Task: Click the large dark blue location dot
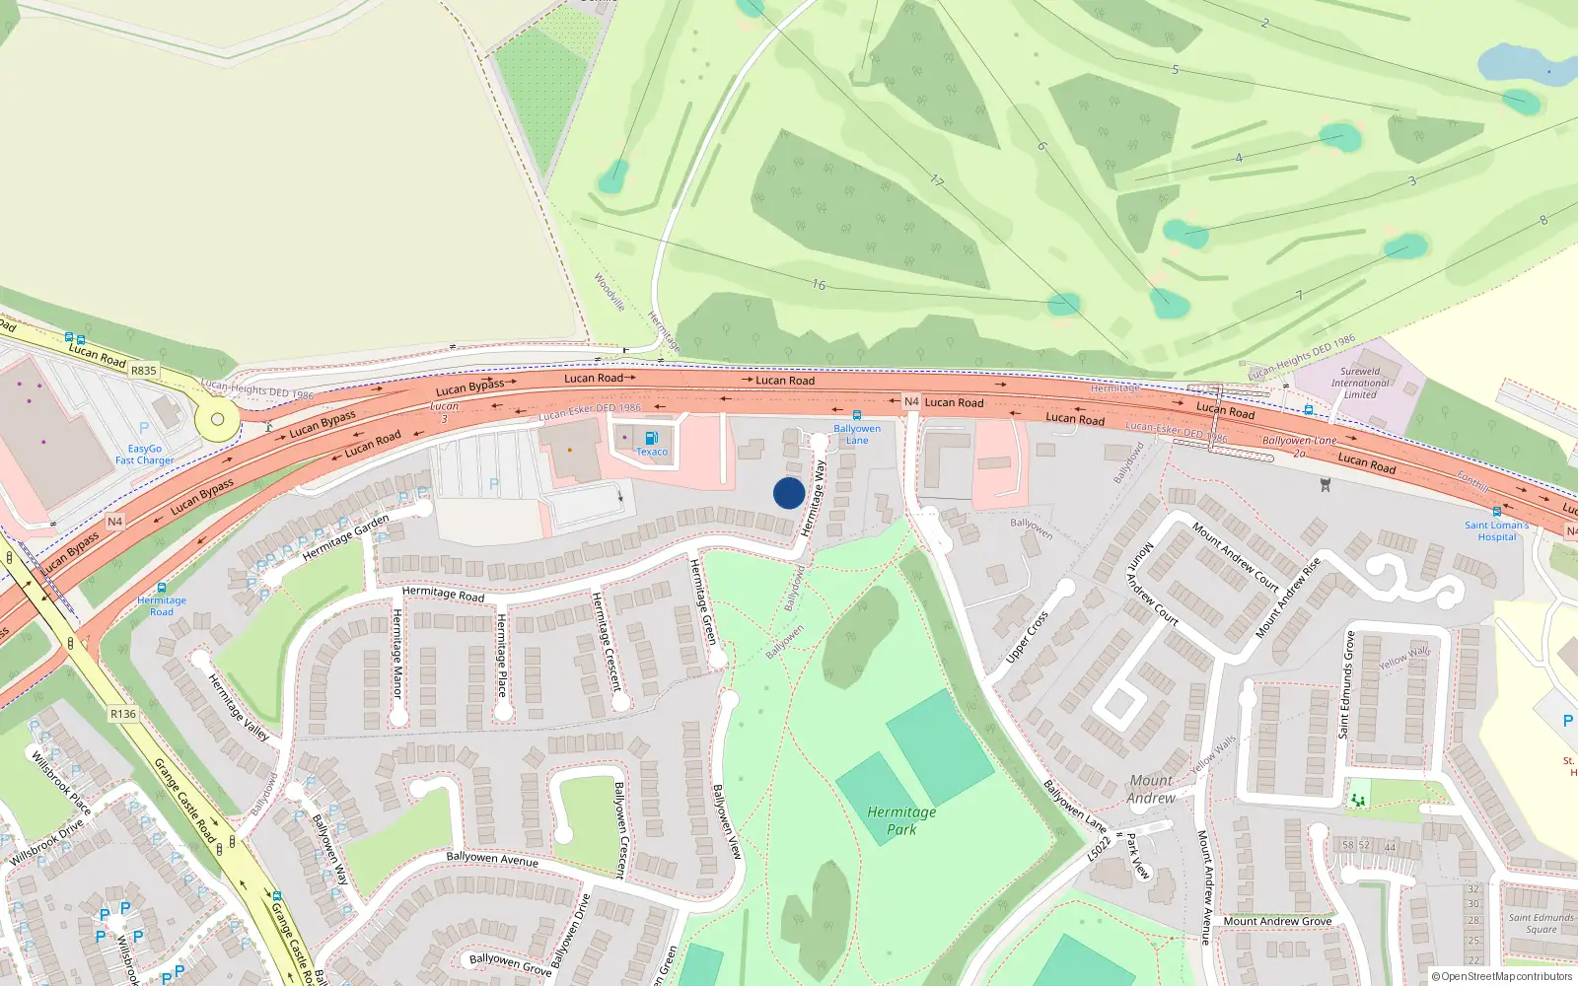pyautogui.click(x=789, y=493)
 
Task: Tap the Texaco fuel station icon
pyautogui.click(x=651, y=438)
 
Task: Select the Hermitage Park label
pyautogui.click(x=901, y=820)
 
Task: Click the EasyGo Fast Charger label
pyautogui.click(x=144, y=455)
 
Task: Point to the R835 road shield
pyautogui.click(x=144, y=371)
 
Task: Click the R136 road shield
pyautogui.click(x=123, y=714)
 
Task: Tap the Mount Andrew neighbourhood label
pyautogui.click(x=1151, y=789)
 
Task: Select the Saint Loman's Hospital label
pyautogui.click(x=1496, y=530)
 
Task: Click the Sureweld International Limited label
pyautogui.click(x=1360, y=384)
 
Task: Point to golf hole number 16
pyautogui.click(x=819, y=285)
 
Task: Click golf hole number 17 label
pyautogui.click(x=937, y=181)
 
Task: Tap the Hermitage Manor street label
pyautogui.click(x=397, y=653)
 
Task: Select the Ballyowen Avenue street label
pyautogui.click(x=492, y=859)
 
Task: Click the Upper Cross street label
pyautogui.click(x=1027, y=637)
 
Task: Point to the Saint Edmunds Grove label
pyautogui.click(x=1346, y=684)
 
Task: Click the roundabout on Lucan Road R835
pyautogui.click(x=217, y=419)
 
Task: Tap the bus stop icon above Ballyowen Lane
pyautogui.click(x=856, y=415)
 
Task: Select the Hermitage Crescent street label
pyautogui.click(x=607, y=641)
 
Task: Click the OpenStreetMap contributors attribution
pyautogui.click(x=1501, y=976)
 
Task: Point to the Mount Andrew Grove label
pyautogui.click(x=1277, y=921)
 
